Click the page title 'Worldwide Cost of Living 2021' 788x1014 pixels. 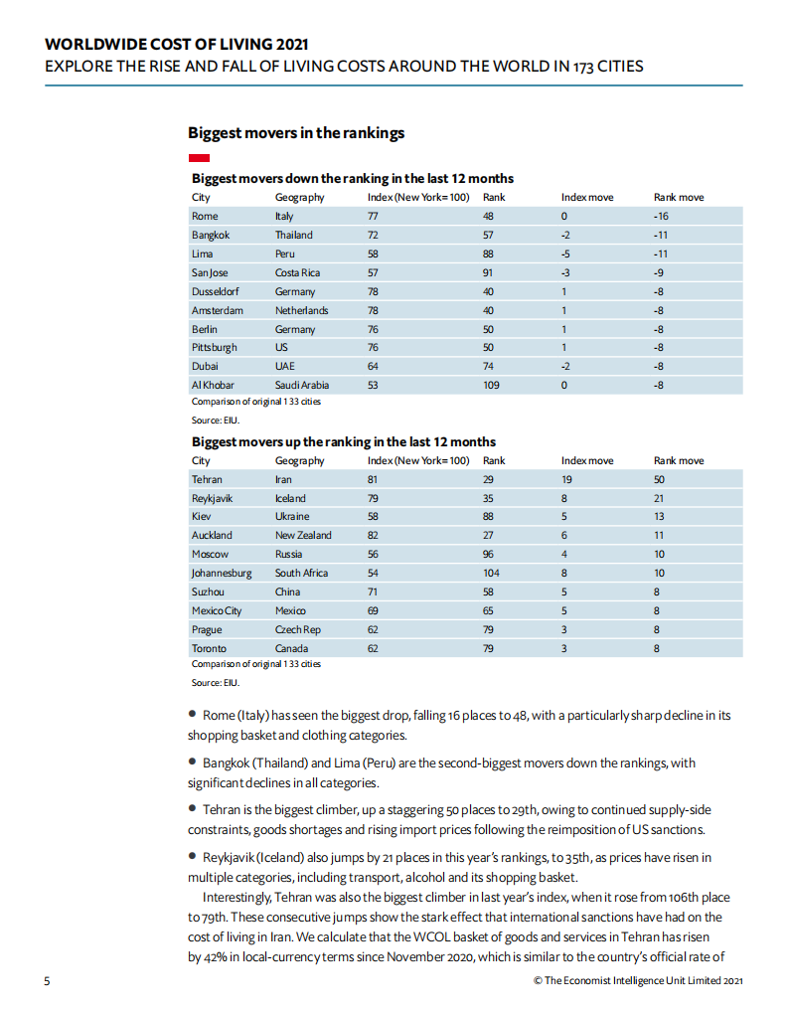pyautogui.click(x=177, y=44)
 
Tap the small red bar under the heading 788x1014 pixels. pyautogui.click(x=198, y=158)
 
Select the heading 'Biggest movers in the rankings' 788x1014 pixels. pyautogui.click(x=296, y=132)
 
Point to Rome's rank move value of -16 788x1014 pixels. pyautogui.click(x=660, y=216)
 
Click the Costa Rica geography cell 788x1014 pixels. pyautogui.click(x=297, y=272)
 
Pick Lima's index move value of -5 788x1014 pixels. pyautogui.click(x=565, y=253)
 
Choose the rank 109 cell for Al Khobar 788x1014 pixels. pyautogui.click(x=491, y=385)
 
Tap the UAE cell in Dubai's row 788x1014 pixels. pyautogui.click(x=286, y=366)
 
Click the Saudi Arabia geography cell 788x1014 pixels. pyautogui.click(x=302, y=385)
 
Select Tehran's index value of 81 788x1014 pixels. pyautogui.click(x=374, y=479)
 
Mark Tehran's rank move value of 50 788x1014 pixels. pyautogui.click(x=660, y=479)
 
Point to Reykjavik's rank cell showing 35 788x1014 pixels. pyautogui.click(x=488, y=498)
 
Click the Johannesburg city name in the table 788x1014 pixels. pyautogui.click(x=222, y=573)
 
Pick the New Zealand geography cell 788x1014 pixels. pyautogui.click(x=303, y=535)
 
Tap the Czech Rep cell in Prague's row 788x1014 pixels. pyautogui.click(x=298, y=629)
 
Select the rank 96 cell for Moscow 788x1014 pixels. pyautogui.click(x=488, y=554)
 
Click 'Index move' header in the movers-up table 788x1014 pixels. pyautogui.click(x=587, y=460)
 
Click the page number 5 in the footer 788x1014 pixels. pyautogui.click(x=47, y=981)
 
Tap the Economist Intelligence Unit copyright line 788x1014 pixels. pyautogui.click(x=638, y=981)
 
